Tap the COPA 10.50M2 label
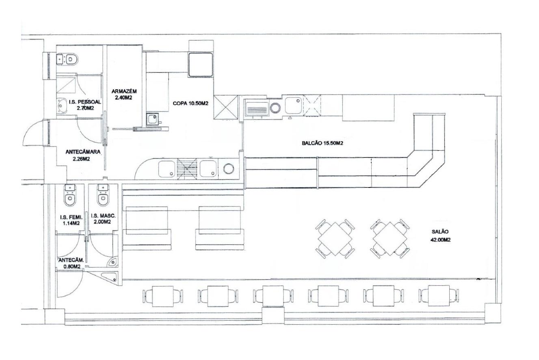pos(190,103)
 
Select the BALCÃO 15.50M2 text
pos(323,143)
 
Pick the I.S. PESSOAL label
pos(85,102)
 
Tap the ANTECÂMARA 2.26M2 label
pos(83,155)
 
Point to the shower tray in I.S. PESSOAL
pos(66,85)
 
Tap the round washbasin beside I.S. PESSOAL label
pos(62,106)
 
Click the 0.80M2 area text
pos(72,266)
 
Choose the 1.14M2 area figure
pos(71,223)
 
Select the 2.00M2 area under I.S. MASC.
pos(102,222)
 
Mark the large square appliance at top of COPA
pos(201,65)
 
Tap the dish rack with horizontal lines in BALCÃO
pos(257,110)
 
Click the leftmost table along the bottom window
pos(163,296)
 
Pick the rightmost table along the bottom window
pos(439,296)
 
